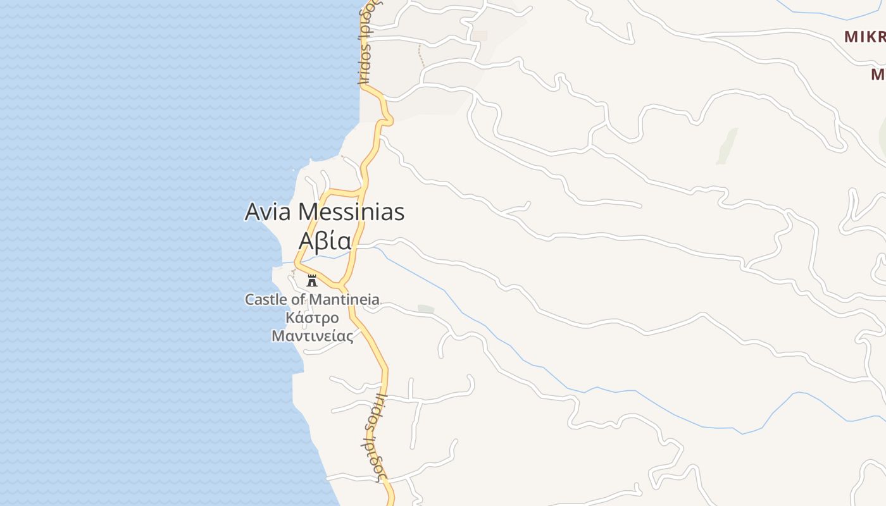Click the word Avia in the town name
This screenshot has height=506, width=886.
click(x=268, y=212)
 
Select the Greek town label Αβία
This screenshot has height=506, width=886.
click(x=325, y=241)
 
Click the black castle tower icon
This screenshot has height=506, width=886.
click(x=311, y=280)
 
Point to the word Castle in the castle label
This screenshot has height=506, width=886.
click(x=266, y=299)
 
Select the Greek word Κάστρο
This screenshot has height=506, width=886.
click(x=312, y=318)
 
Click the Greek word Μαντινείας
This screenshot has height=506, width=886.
click(x=312, y=336)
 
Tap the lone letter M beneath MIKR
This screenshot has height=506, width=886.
click(x=878, y=75)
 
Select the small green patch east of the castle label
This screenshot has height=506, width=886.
click(x=426, y=309)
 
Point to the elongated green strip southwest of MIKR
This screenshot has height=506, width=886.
click(x=728, y=145)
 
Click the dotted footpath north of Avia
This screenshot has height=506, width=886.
click(x=421, y=57)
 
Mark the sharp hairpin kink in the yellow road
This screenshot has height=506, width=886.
click(x=387, y=118)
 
